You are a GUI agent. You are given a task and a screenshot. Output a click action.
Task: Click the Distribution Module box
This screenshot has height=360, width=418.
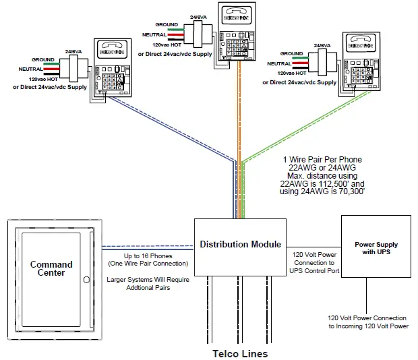coord(240,245)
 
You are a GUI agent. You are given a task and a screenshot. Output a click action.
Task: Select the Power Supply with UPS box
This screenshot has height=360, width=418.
coord(376,249)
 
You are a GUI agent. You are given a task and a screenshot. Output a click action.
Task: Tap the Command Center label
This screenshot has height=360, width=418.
coord(51,269)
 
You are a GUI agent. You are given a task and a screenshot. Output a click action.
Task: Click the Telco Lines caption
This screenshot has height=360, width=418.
coord(241,353)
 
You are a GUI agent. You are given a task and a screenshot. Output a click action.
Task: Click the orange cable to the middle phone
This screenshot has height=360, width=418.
coord(237,135)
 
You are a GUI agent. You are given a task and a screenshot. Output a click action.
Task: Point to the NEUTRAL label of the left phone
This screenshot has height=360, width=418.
coord(31,69)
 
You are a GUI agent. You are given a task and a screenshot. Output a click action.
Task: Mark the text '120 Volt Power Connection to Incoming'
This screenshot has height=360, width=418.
coord(368,318)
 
